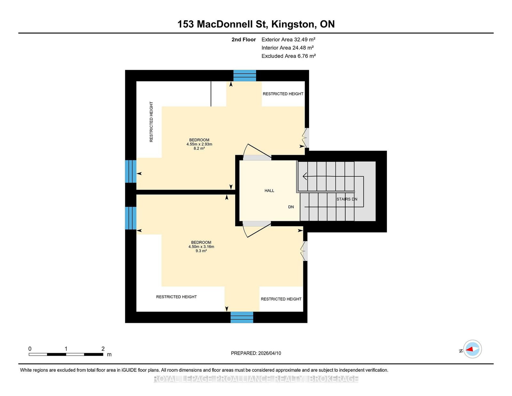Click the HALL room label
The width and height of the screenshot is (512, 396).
click(269, 191)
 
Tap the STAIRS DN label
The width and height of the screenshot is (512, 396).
click(347, 199)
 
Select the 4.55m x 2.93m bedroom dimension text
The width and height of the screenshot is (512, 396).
click(199, 144)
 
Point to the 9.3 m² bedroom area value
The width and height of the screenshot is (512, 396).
click(201, 251)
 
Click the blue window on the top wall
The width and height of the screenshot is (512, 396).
click(244, 76)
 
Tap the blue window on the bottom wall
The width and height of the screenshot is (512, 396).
click(242, 317)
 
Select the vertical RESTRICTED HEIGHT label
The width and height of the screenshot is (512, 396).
click(151, 122)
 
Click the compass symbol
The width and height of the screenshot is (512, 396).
click(472, 349)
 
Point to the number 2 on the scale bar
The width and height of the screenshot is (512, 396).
click(103, 349)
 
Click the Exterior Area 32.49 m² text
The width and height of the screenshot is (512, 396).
click(288, 40)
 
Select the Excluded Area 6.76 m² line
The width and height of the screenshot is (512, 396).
click(289, 56)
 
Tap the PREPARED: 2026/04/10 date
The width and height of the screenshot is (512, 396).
click(256, 353)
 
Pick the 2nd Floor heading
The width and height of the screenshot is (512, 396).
click(244, 40)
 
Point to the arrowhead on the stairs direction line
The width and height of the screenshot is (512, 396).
click(305, 176)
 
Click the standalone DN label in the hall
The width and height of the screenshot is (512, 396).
click(291, 207)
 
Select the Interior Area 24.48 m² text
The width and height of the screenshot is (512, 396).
click(287, 48)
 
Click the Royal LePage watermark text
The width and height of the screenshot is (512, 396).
click(256, 379)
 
